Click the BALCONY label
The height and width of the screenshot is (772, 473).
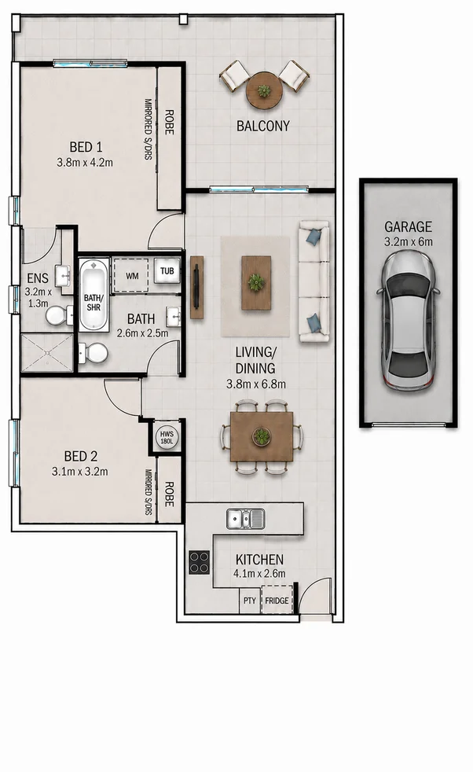coord(263,126)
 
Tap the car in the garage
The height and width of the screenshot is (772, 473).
coord(409,321)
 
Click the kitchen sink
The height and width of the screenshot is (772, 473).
coord(246,519)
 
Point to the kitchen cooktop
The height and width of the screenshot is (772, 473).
coord(200,562)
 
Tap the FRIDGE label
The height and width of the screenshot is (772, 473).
coord(277,601)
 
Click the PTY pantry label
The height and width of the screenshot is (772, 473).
coord(250,601)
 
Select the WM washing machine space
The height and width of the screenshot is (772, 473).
coord(132,276)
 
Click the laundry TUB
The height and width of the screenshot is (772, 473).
coord(167,271)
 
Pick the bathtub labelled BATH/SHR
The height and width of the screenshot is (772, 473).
coord(93,296)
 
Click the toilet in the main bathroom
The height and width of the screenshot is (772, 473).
coord(93,353)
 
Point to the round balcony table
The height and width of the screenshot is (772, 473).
coord(264,90)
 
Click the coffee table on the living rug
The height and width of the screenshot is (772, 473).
coord(256,282)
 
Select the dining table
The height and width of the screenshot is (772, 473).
coord(262,436)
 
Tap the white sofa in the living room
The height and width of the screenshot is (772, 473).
coord(314,281)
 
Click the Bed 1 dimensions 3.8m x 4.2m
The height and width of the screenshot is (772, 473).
coord(85,162)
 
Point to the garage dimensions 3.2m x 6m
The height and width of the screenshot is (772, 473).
coord(408,242)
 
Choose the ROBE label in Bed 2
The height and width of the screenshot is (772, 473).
coord(169,494)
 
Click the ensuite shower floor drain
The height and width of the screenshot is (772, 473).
coord(47,352)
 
